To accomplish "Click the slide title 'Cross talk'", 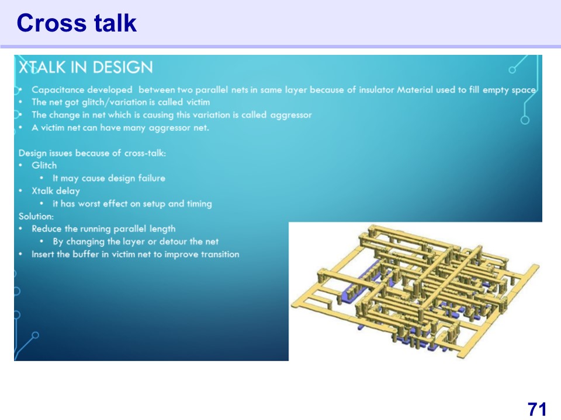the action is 77,23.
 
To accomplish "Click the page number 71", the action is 537,409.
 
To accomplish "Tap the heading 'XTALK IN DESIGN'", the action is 86,67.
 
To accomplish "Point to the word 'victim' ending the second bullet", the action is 198,102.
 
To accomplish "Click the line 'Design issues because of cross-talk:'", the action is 92,153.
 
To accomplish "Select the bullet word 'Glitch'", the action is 44,165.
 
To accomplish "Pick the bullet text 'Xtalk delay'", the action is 56,191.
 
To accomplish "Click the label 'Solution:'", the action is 36,216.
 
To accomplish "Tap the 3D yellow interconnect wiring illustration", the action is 415,291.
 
